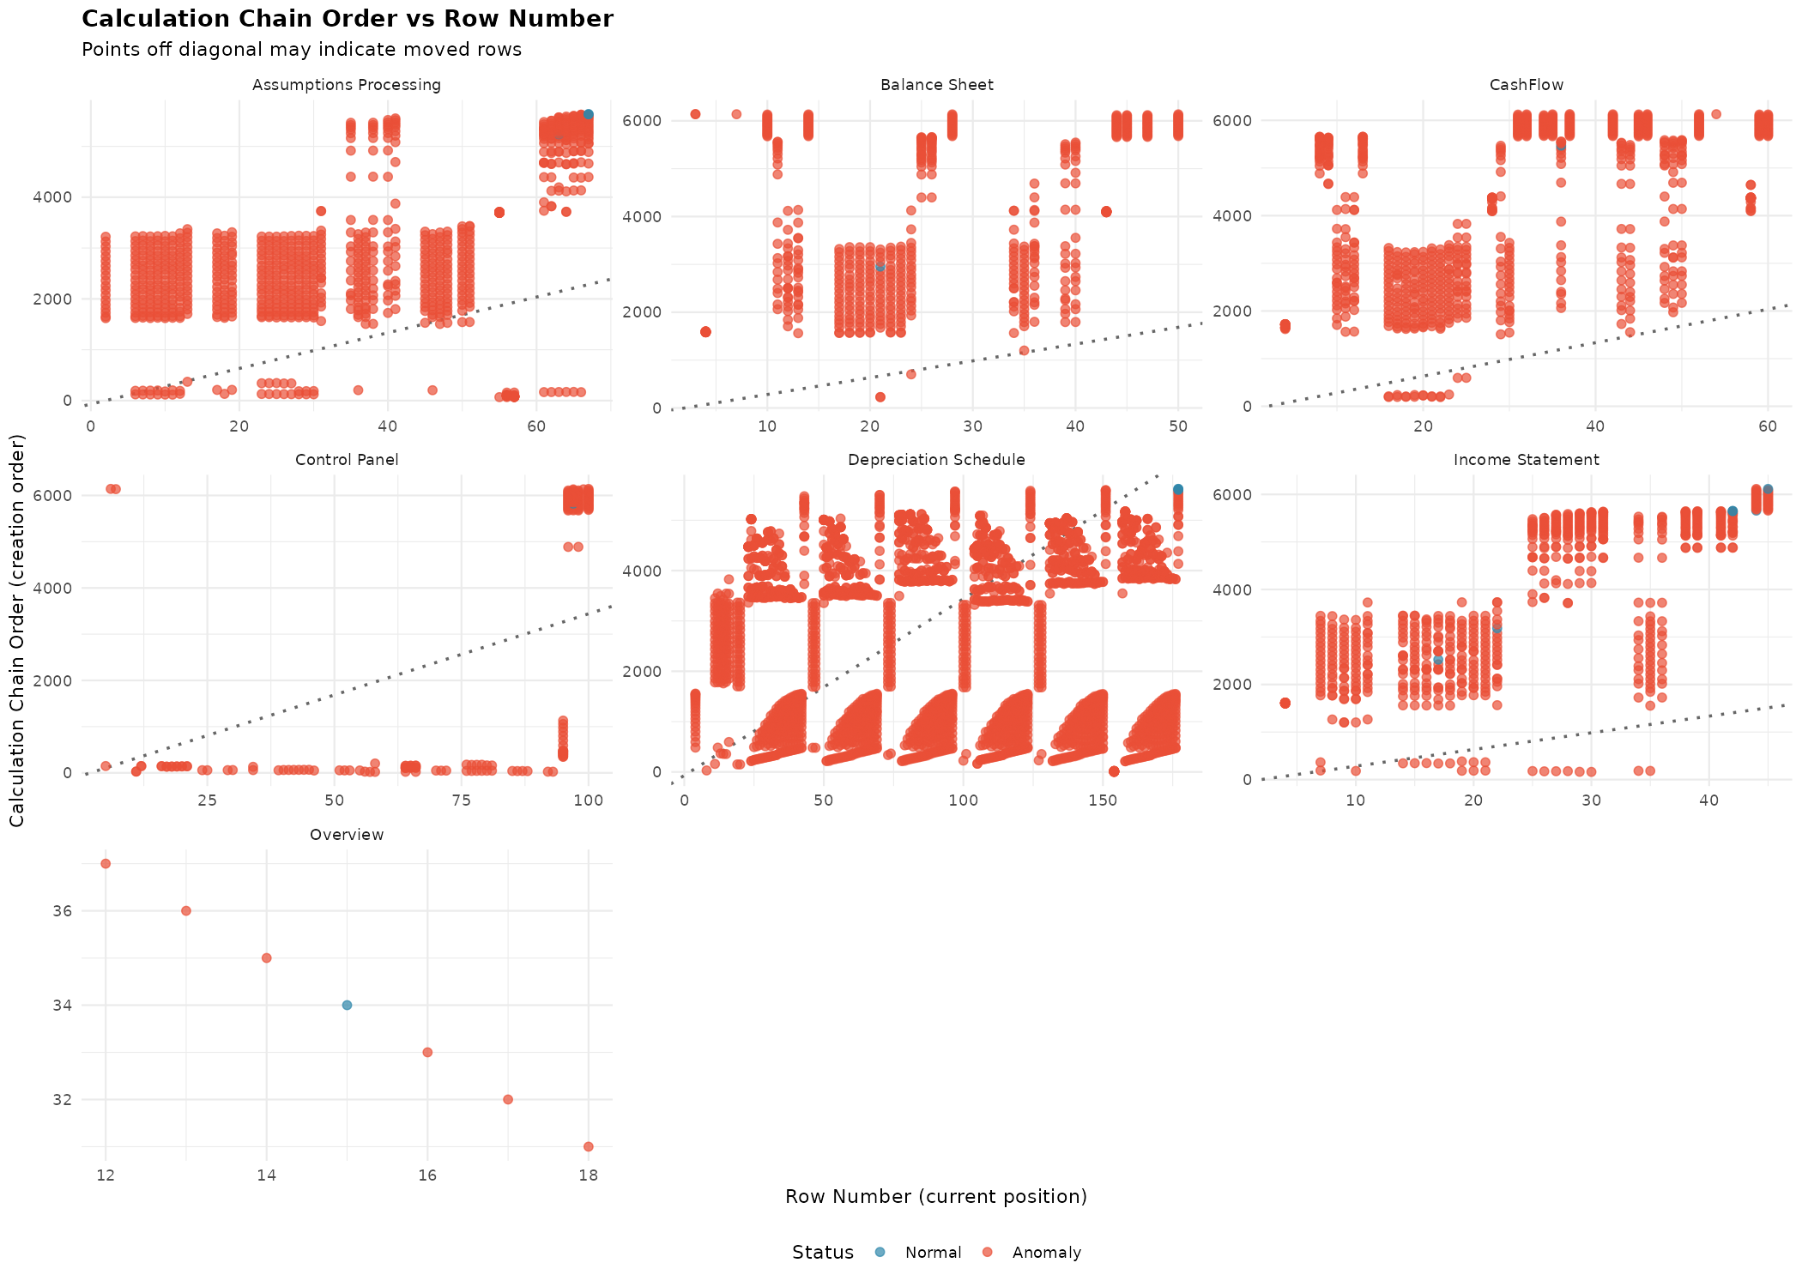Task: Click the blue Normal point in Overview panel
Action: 347,1005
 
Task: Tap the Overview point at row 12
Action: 106,864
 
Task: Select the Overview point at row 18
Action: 589,1146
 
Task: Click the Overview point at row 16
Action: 427,1052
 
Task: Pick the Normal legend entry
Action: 933,1253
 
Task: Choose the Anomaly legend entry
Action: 1046,1253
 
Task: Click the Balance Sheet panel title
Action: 936,85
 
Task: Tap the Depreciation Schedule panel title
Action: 936,460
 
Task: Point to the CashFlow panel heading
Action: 1526,85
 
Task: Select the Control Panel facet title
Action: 347,460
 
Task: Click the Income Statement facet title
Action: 1526,460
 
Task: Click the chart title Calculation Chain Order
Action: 347,19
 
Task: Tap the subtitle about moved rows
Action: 301,50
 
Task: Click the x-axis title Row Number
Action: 935,1197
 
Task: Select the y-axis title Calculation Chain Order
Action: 17,631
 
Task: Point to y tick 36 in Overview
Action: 63,911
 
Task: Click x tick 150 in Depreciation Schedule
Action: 1103,801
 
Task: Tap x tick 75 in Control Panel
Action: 461,801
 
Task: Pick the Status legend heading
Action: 822,1253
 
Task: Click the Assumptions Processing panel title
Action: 347,85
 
